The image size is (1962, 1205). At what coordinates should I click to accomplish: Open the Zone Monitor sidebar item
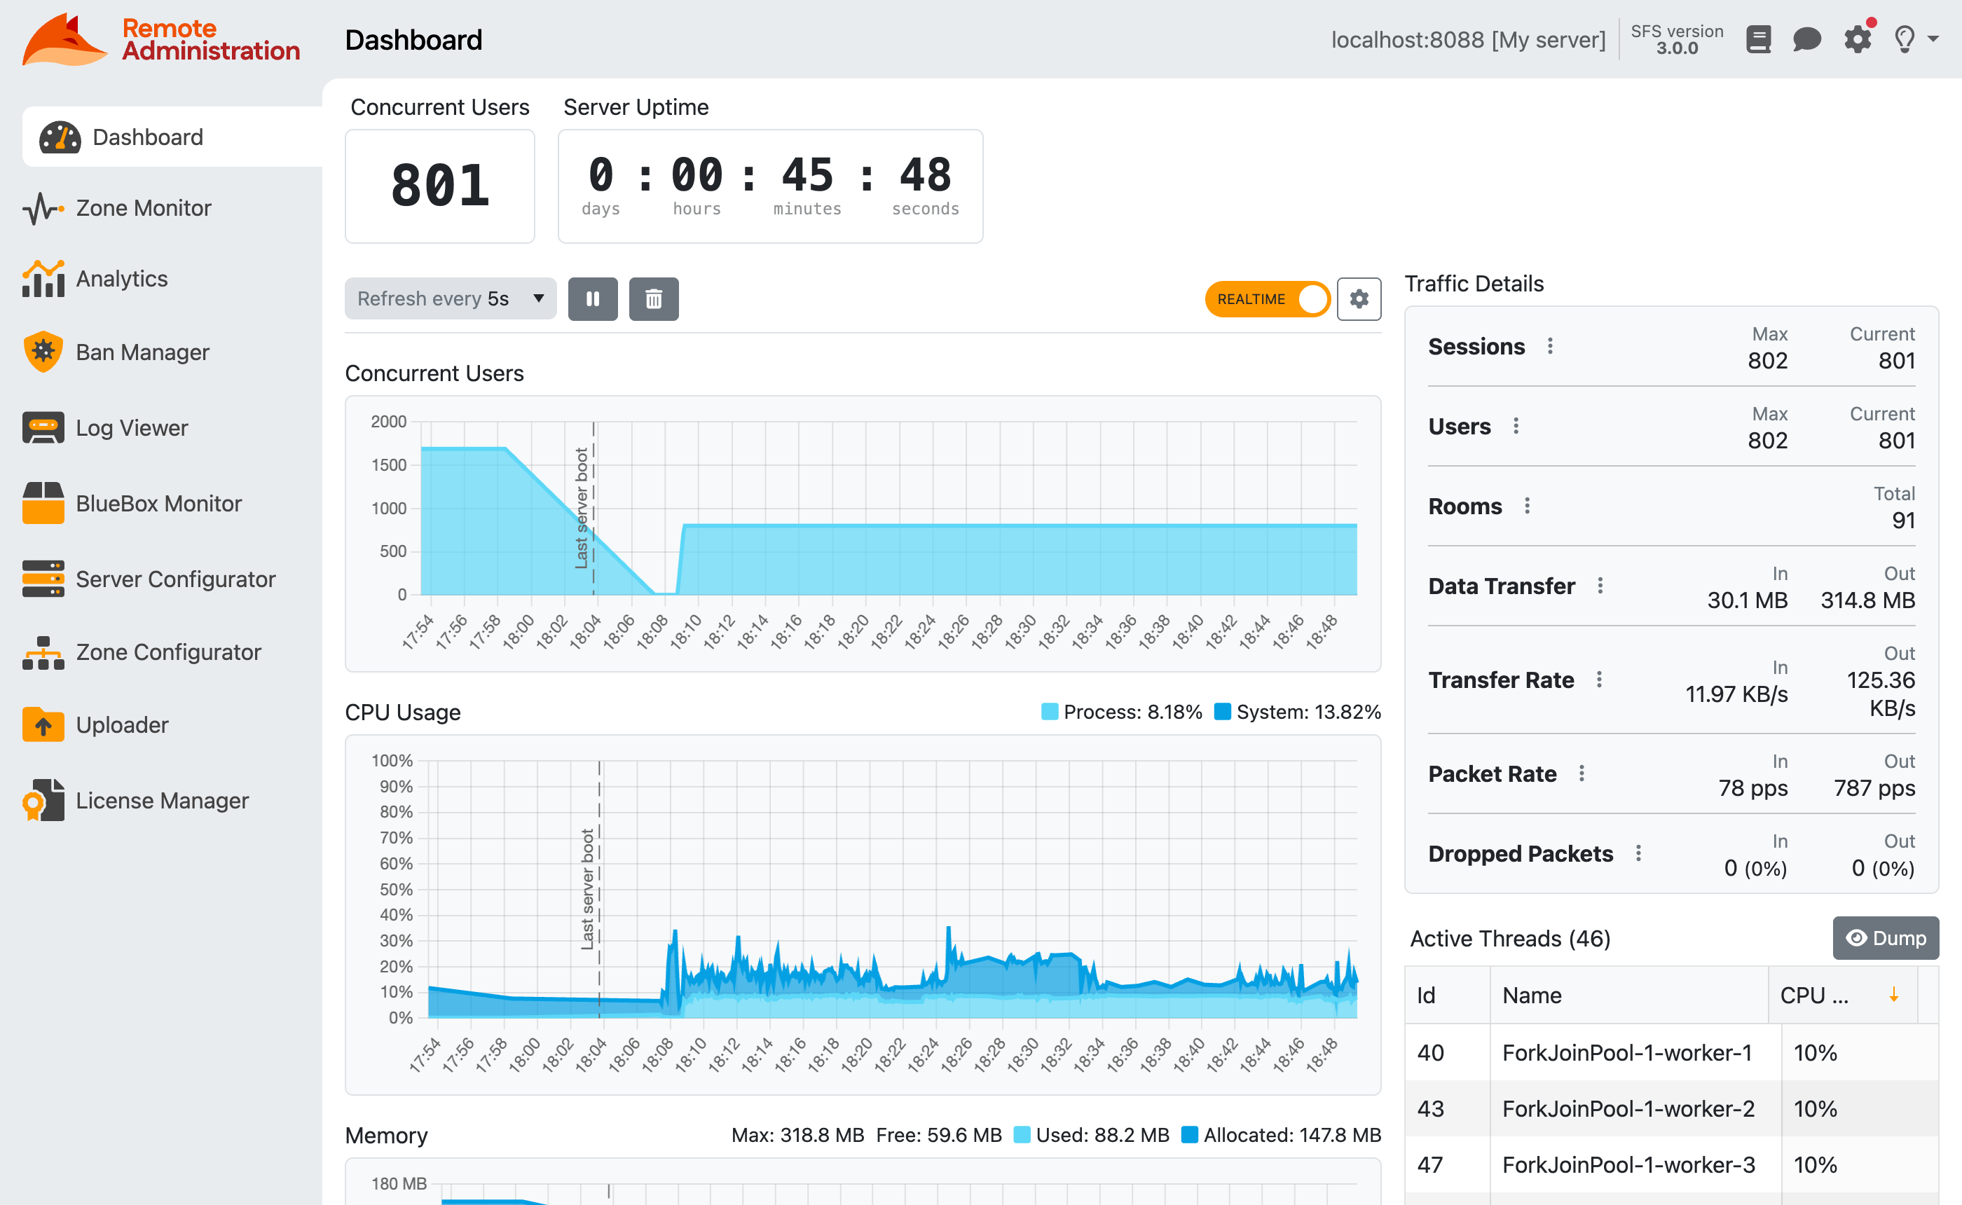[x=143, y=208]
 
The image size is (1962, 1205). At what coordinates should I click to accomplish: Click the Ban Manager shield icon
[x=43, y=352]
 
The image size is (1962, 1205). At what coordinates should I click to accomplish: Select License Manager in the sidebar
[x=162, y=800]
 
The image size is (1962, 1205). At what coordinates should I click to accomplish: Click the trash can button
[x=654, y=299]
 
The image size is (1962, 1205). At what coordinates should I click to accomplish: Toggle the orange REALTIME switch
[x=1266, y=299]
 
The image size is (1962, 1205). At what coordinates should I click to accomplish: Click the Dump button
[x=1885, y=938]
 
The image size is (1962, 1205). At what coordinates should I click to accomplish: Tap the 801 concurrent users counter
[x=440, y=186]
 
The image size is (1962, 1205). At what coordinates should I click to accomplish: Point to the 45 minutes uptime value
[x=807, y=174]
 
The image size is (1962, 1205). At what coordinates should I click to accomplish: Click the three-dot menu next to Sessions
[x=1550, y=346]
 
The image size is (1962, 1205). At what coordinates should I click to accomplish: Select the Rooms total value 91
[x=1903, y=521]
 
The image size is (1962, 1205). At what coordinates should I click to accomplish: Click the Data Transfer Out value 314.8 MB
[x=1867, y=600]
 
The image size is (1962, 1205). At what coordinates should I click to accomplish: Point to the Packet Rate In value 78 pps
[x=1752, y=788]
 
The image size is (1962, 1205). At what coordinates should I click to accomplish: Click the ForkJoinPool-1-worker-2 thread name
[x=1628, y=1108]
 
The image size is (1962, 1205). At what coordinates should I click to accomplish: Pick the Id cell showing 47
[x=1429, y=1164]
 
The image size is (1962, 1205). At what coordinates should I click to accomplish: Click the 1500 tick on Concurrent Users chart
[x=389, y=464]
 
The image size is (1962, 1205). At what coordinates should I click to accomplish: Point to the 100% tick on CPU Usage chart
[x=392, y=760]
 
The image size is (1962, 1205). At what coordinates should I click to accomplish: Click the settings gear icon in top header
[x=1857, y=39]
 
